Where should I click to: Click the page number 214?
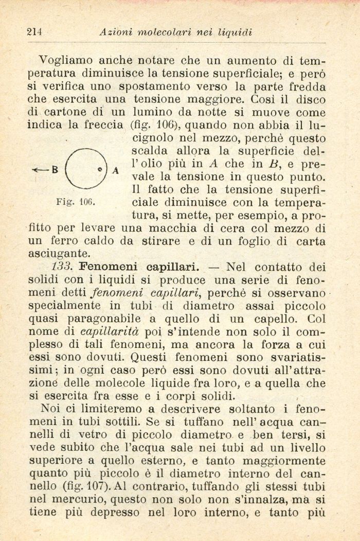pyautogui.click(x=33, y=32)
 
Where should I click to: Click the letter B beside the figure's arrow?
pyautogui.click(x=52, y=168)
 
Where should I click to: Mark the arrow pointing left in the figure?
pyautogui.click(x=38, y=168)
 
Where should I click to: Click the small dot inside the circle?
pyautogui.click(x=100, y=169)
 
